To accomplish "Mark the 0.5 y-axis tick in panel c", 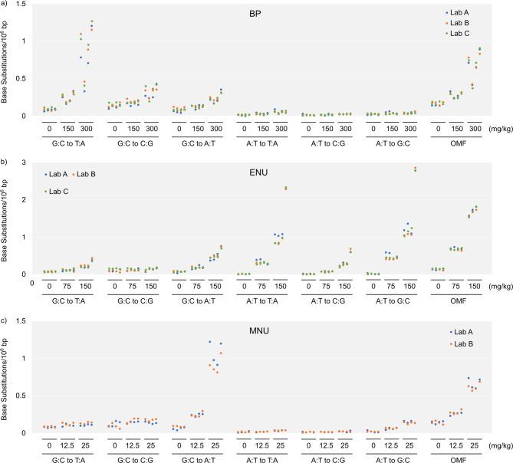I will coord(28,396).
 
